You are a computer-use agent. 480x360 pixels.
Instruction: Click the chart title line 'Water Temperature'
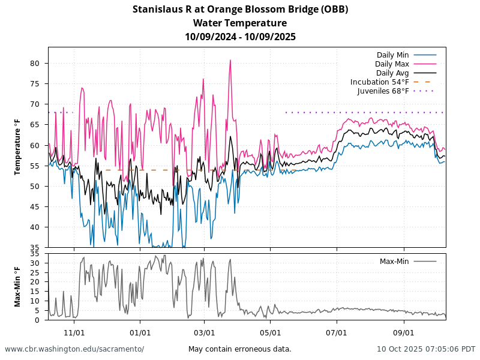(x=240, y=23)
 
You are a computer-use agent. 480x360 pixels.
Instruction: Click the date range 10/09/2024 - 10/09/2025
(x=240, y=37)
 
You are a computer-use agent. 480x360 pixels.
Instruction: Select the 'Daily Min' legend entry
(x=393, y=55)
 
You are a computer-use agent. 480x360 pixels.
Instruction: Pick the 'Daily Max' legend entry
(x=392, y=64)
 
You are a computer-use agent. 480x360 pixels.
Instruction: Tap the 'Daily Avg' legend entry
(x=392, y=73)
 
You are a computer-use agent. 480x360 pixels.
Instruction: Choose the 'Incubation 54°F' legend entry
(x=380, y=82)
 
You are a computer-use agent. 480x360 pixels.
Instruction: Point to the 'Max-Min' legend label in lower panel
(x=394, y=261)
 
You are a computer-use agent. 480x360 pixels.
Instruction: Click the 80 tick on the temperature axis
(x=35, y=64)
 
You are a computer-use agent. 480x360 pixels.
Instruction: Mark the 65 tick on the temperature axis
(x=35, y=125)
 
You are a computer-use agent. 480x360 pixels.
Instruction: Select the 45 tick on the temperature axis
(x=35, y=207)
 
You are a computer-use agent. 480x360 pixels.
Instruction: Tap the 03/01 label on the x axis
(x=205, y=332)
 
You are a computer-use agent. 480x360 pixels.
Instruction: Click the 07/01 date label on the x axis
(x=337, y=332)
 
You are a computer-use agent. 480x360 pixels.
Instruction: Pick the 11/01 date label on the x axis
(x=74, y=332)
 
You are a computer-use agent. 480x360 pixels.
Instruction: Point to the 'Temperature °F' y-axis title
(x=18, y=147)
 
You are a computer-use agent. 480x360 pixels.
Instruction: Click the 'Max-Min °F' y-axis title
(x=18, y=286)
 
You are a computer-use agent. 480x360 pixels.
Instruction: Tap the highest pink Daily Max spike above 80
(x=230, y=60)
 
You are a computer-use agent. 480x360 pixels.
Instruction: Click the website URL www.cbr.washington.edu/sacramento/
(x=74, y=349)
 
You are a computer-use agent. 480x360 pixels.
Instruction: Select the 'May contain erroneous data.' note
(x=240, y=349)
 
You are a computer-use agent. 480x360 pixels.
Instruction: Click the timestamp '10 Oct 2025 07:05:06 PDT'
(x=426, y=349)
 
